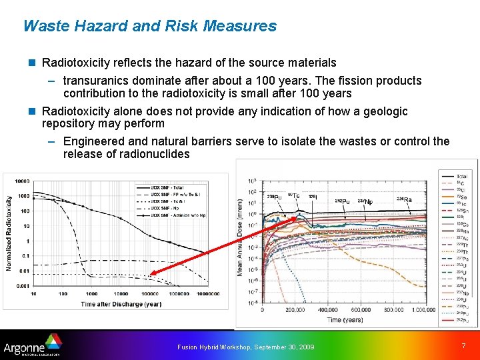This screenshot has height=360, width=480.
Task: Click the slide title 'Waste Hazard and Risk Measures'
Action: click(x=149, y=26)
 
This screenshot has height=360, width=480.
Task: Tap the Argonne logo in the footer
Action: click(x=33, y=345)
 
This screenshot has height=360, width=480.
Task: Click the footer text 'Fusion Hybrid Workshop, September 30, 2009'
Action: click(x=245, y=347)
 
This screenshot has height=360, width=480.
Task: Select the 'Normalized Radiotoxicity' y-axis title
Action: click(x=9, y=233)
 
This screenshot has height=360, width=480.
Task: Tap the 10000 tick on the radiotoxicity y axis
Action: click(x=23, y=181)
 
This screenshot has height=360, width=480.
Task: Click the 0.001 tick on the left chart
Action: click(x=23, y=285)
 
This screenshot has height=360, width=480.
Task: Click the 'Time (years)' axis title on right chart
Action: click(x=345, y=320)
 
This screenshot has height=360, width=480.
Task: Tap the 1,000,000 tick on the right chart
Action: click(x=423, y=310)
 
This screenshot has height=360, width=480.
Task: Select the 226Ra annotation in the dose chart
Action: click(x=404, y=199)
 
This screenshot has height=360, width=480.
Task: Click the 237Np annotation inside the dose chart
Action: click(x=365, y=201)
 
